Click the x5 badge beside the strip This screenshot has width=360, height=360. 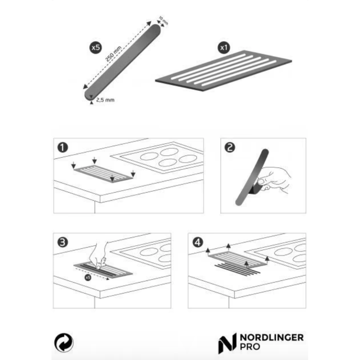95,48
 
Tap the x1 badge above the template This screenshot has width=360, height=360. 224,48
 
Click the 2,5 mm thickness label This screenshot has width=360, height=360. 105,100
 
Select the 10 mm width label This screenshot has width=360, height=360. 163,21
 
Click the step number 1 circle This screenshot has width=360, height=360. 62,147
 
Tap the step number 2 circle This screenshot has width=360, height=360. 230,147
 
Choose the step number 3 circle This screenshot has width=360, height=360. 62,242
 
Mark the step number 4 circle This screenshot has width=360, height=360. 197,242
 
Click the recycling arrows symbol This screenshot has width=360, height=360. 64,343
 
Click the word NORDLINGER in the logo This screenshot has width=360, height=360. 271,338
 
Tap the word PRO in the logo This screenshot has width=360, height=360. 250,346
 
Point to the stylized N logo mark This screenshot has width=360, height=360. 227,343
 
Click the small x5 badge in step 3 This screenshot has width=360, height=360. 88,278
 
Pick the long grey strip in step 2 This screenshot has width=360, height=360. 252,177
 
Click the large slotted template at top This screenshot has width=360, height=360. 224,71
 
